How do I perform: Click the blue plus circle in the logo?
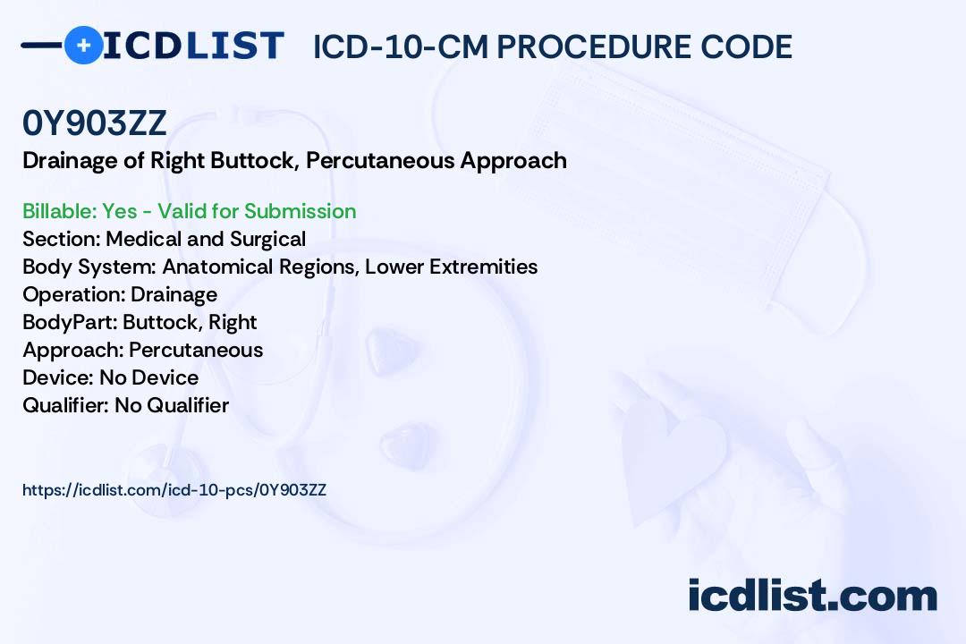tap(83, 45)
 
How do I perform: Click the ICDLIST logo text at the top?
tap(193, 46)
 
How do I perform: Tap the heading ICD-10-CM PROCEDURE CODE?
tap(553, 47)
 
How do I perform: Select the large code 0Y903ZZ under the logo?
tap(94, 123)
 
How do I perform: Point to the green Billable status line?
tap(189, 211)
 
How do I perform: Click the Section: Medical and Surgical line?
tap(164, 239)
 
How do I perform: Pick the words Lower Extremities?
tap(451, 267)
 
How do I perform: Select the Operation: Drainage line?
tap(120, 294)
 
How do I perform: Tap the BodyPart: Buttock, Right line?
tap(140, 322)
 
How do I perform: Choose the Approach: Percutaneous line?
tap(142, 350)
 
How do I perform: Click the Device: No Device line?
tap(110, 377)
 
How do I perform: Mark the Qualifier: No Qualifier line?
tap(126, 405)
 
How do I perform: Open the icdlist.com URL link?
tap(174, 490)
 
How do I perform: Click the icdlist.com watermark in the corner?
tap(812, 595)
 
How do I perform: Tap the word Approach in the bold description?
tap(513, 161)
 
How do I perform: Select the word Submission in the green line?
tap(300, 211)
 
